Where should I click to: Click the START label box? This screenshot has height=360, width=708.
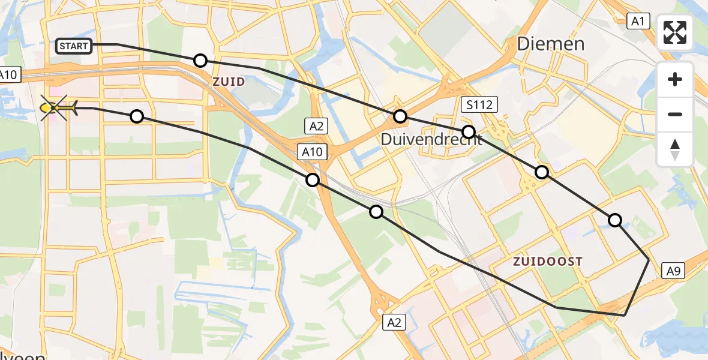74,46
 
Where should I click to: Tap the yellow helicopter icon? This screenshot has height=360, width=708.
58,107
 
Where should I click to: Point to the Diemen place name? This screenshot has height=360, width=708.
550,44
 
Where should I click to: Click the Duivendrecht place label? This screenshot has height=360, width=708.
431,139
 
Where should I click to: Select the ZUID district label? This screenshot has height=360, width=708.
229,82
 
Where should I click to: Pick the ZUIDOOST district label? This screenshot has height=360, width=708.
548,261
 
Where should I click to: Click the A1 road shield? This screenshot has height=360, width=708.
637,22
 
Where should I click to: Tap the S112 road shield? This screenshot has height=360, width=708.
479,106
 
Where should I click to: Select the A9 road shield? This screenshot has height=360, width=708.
673,271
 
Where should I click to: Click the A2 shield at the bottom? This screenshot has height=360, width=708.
394,323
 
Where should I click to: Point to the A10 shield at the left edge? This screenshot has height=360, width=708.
8,75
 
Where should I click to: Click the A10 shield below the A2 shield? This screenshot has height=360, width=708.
312,152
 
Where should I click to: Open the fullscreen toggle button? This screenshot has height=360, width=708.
675,32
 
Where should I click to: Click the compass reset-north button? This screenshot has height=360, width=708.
675,149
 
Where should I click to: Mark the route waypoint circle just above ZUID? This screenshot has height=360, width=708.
200,61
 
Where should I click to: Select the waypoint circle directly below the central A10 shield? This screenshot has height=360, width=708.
313,179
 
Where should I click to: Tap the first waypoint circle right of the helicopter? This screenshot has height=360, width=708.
137,116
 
